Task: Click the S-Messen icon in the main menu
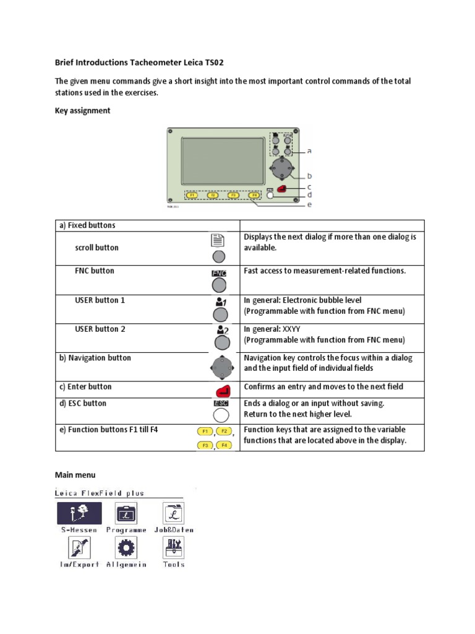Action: coord(79,513)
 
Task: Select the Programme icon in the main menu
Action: coord(126,513)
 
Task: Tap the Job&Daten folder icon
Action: coord(173,513)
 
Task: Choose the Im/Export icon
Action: coord(79,547)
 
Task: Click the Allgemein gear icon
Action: coord(126,547)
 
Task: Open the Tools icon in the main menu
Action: coord(173,547)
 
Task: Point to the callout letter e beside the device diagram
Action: coord(310,205)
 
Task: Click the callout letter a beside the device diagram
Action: coord(309,150)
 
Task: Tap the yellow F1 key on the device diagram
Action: coord(192,195)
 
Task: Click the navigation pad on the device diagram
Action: coord(282,167)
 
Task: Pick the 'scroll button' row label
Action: coord(96,248)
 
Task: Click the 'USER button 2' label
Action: coord(100,329)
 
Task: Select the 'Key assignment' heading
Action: coord(83,111)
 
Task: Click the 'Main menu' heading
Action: coord(75,475)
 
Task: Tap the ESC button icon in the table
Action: coord(220,412)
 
